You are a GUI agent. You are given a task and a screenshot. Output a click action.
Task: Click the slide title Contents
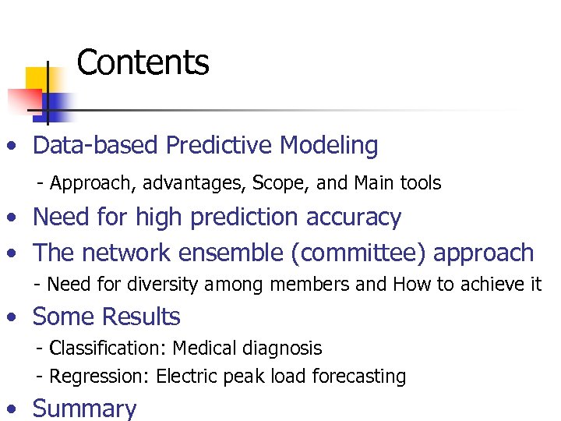[x=143, y=62]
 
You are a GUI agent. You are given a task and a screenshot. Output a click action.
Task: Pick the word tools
[x=420, y=183]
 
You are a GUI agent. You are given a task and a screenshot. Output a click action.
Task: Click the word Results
[x=141, y=317]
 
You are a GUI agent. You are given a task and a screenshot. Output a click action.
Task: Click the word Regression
[x=99, y=377]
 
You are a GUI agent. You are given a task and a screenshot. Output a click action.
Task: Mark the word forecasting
[x=359, y=377]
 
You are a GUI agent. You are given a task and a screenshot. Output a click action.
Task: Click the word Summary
[x=84, y=409]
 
